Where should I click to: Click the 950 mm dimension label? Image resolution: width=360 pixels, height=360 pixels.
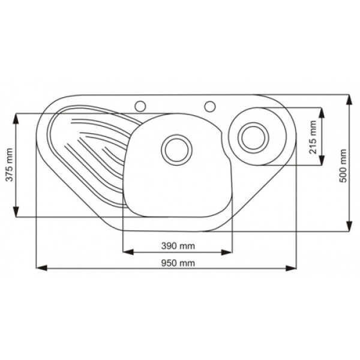(x=178, y=263)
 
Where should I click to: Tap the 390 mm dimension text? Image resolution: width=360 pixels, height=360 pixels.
(x=178, y=246)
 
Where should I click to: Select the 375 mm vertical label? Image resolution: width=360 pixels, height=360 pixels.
(x=10, y=165)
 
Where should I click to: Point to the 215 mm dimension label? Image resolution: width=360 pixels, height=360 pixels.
(x=313, y=137)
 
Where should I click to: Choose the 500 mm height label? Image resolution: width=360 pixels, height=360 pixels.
(x=343, y=166)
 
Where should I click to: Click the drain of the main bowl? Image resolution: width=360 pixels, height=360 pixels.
(x=177, y=150)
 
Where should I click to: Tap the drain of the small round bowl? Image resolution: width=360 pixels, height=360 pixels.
(x=253, y=138)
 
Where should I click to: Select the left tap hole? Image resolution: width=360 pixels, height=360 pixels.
(x=140, y=106)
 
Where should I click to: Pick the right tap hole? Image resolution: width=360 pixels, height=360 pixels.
(x=210, y=106)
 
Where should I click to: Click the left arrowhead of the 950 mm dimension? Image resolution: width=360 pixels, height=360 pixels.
(x=41, y=268)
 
